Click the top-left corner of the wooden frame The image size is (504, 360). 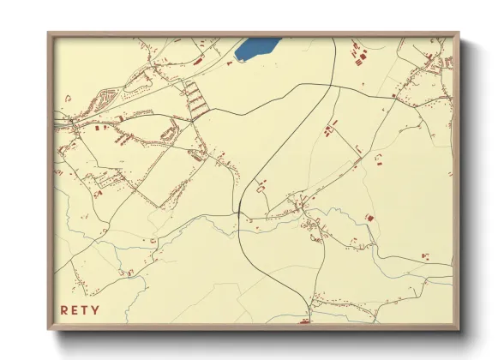[x=49, y=33]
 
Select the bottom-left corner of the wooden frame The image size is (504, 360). [x=49, y=329]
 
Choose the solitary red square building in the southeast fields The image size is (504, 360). [x=370, y=219]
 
